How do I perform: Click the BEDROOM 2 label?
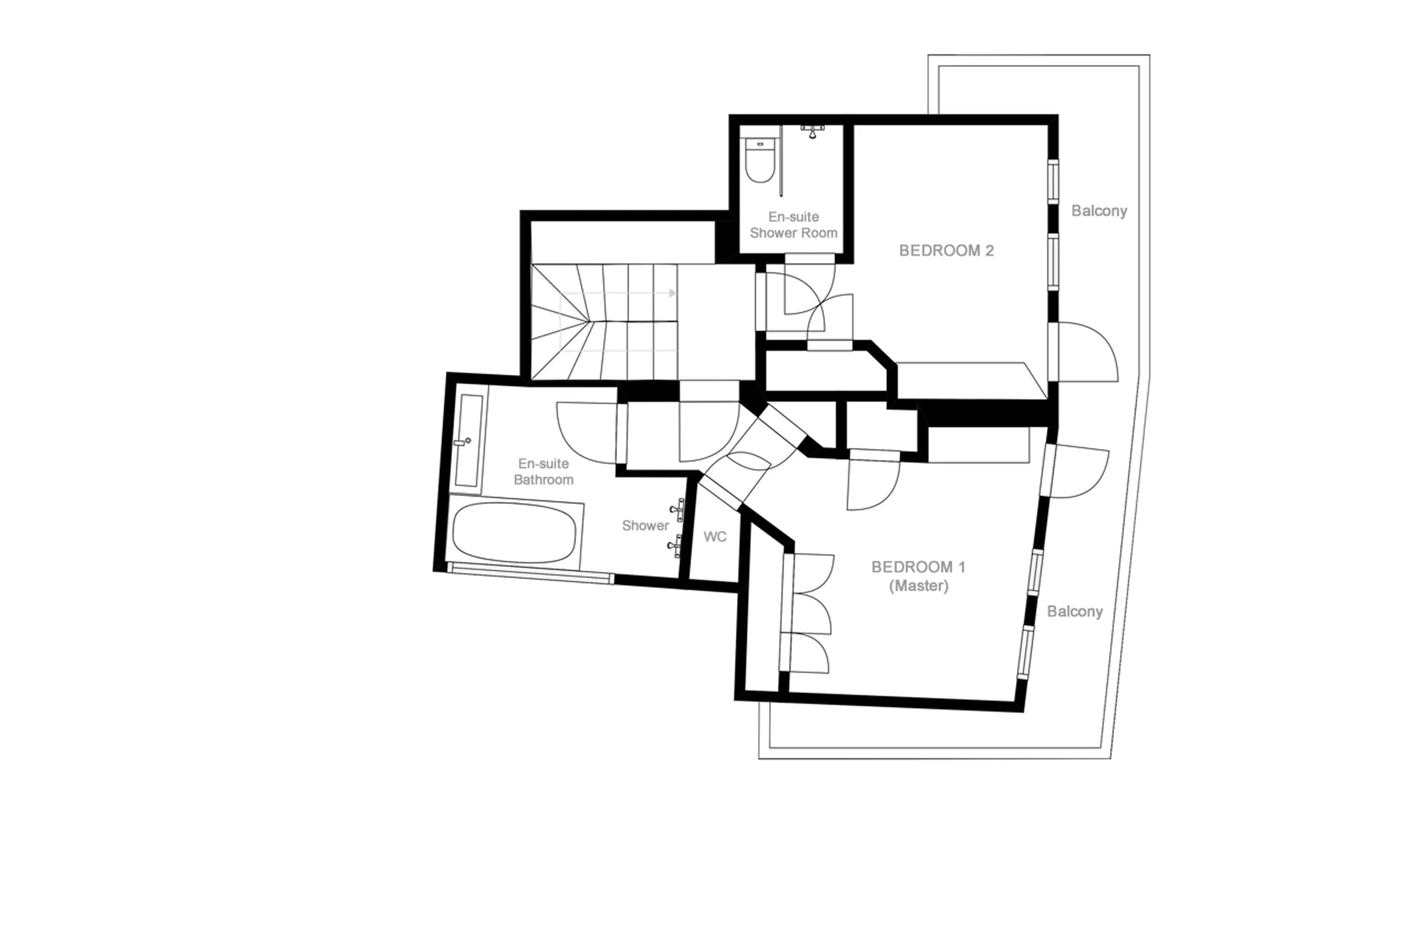pyautogui.click(x=945, y=250)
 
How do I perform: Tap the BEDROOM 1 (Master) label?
pyautogui.click(x=918, y=575)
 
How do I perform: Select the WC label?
pyautogui.click(x=714, y=536)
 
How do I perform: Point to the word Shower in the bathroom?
pyautogui.click(x=645, y=526)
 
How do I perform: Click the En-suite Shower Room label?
pyautogui.click(x=793, y=225)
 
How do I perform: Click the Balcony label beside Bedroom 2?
pyautogui.click(x=1099, y=211)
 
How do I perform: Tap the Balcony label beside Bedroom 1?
pyautogui.click(x=1074, y=611)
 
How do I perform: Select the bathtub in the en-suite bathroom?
pyautogui.click(x=514, y=532)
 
